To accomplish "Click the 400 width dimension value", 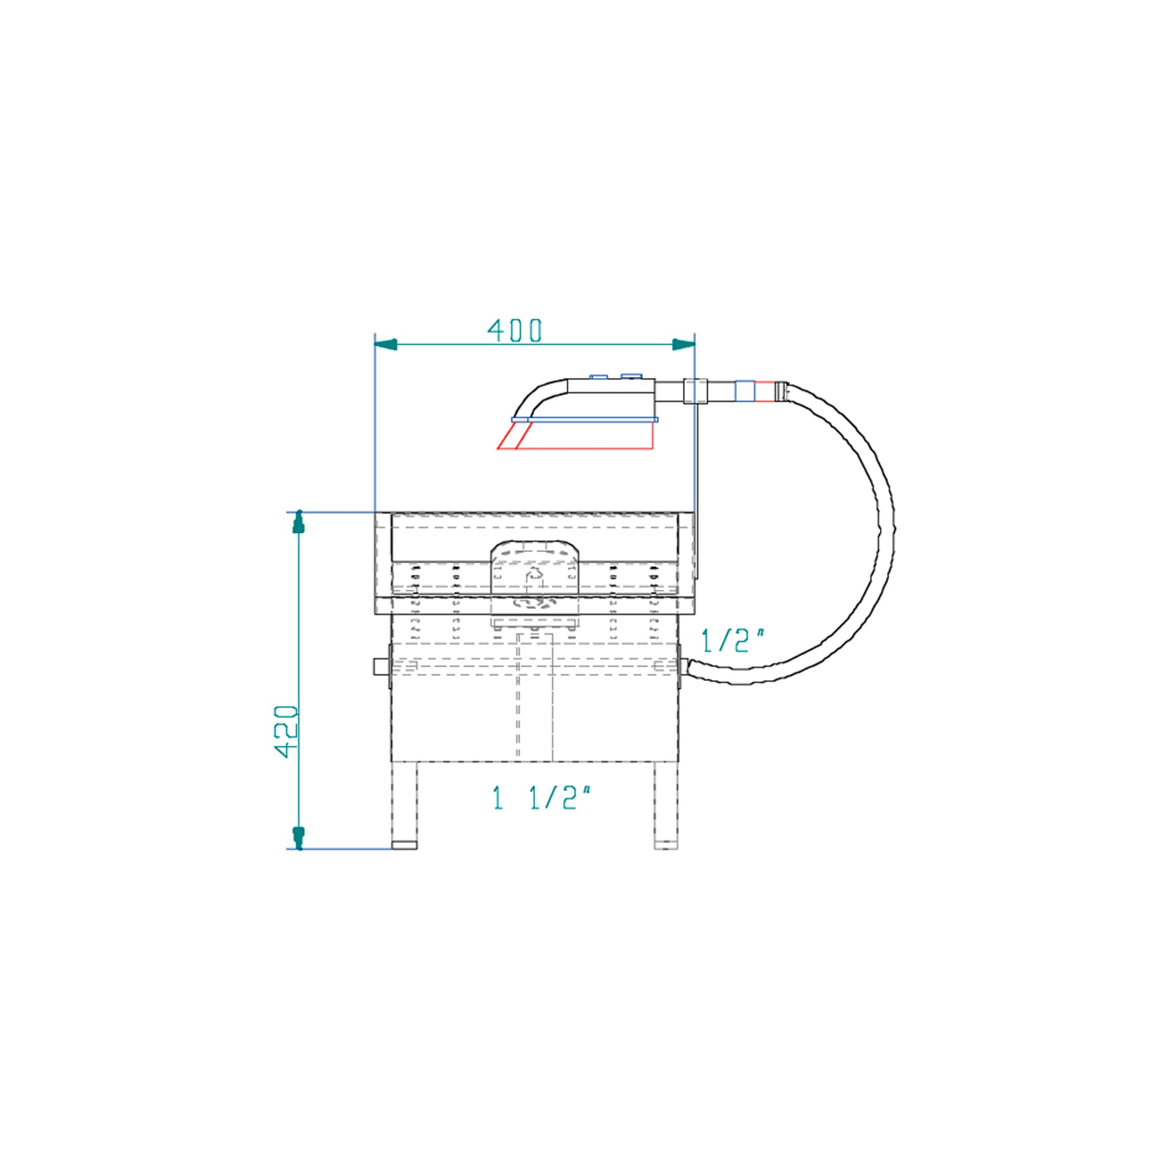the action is pyautogui.click(x=514, y=330).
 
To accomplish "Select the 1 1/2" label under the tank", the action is pyautogui.click(x=542, y=798).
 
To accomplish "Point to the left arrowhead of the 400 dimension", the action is pyautogui.click(x=386, y=344).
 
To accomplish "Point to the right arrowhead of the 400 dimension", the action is pyautogui.click(x=684, y=344).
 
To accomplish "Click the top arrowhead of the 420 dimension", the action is pyautogui.click(x=299, y=521).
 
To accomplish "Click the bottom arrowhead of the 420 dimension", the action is pyautogui.click(x=299, y=838).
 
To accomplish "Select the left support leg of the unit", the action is pyautogui.click(x=404, y=805).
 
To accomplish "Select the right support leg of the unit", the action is pyautogui.click(x=666, y=805).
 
